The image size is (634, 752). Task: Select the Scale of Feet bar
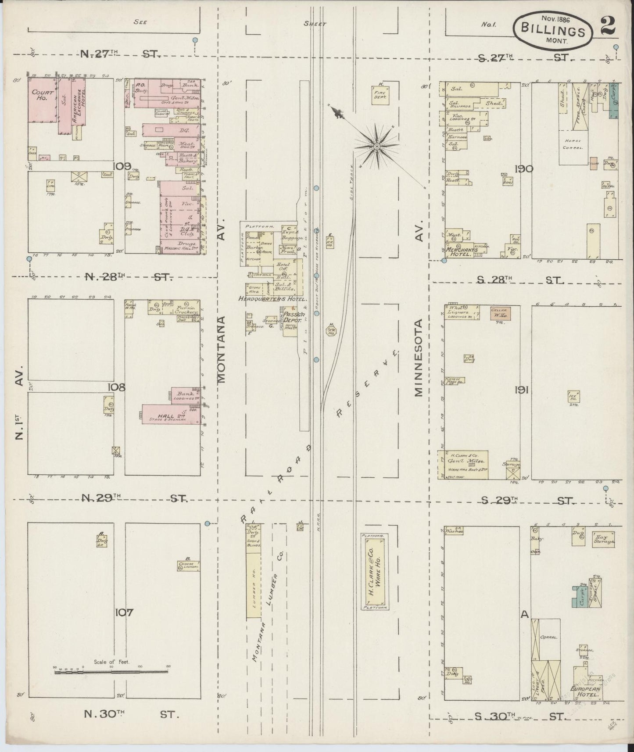coord(112,672)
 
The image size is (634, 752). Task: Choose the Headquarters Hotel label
coord(272,298)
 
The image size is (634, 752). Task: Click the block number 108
coord(118,387)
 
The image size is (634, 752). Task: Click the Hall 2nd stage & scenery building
coord(172,414)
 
